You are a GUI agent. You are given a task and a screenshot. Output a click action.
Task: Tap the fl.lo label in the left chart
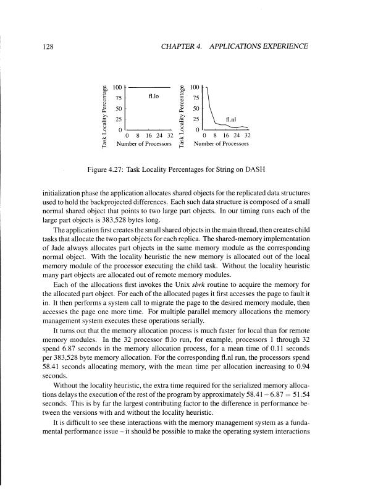pyautogui.click(x=156, y=96)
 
